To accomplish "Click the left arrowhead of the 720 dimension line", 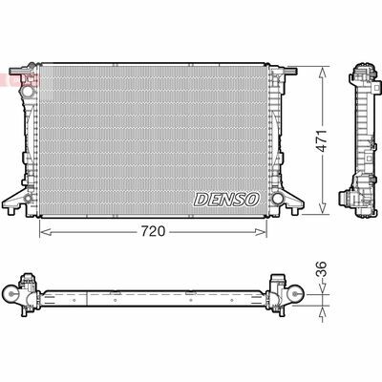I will (x=42, y=231).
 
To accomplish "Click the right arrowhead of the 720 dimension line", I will (x=271, y=231).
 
